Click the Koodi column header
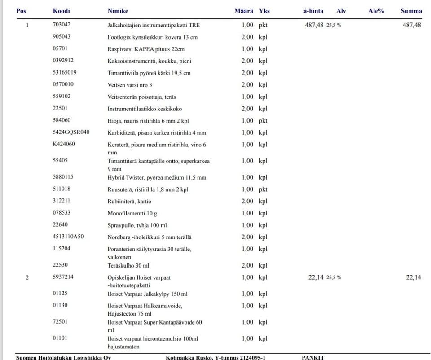[62, 11]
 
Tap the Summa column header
[411, 11]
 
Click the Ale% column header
[376, 11]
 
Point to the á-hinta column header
[313, 11]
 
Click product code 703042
[62, 25]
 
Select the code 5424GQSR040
[71, 132]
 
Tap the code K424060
[64, 144]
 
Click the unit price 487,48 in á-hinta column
[314, 25]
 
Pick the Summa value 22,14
[413, 277]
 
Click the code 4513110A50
[68, 237]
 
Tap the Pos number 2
[27, 277]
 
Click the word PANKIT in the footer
[313, 357]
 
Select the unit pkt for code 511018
[263, 189]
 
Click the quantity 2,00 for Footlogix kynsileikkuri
[247, 37]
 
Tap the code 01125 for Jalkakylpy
[60, 294]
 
